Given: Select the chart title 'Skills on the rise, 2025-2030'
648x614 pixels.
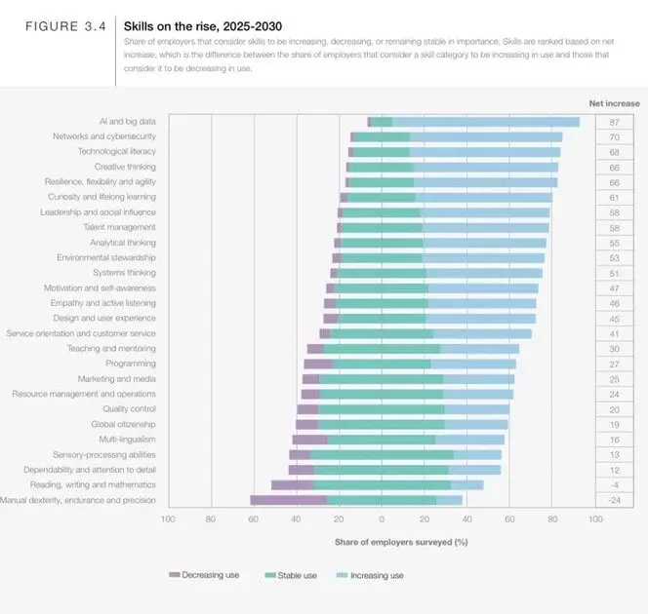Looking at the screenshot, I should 201,26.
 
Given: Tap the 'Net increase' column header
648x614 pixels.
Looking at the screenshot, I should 614,102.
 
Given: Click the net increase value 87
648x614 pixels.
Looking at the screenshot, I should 614,122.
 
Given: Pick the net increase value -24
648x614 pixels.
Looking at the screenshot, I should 614,500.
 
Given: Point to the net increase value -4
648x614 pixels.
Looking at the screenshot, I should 614,484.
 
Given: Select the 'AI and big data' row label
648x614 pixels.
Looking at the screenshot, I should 127,122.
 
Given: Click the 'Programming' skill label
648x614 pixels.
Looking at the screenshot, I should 132,364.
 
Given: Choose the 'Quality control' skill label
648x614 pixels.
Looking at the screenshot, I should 129,409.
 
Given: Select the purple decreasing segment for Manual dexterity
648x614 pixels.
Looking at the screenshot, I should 288,500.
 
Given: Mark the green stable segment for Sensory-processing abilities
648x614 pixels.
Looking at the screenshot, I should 382,454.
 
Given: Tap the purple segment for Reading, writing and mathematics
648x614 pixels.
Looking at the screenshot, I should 292,484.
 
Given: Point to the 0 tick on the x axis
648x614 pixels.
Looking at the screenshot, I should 382,519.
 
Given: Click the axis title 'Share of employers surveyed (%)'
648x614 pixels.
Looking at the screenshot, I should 401,541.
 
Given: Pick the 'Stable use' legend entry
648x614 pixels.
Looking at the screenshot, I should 292,575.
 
